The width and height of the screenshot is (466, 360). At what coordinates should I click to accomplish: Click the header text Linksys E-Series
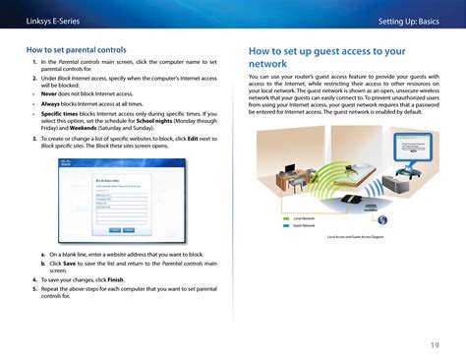tap(50, 20)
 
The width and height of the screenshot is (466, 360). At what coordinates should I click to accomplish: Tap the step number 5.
tap(33, 289)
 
